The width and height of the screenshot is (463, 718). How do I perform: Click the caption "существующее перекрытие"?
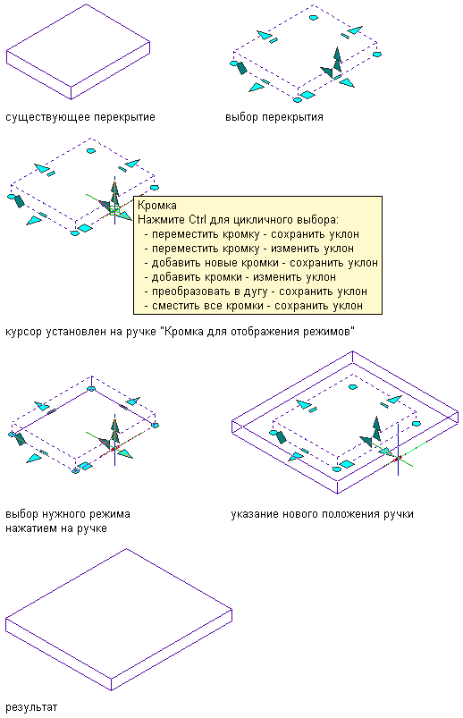tap(80, 117)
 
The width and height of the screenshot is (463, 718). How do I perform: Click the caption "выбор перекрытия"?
tap(274, 117)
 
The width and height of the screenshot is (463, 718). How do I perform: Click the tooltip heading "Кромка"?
tap(157, 205)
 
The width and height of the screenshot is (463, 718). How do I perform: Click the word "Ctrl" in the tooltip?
tap(198, 220)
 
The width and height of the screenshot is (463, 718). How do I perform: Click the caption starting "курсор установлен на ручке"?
tap(180, 331)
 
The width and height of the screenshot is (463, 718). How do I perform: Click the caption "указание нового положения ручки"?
tap(322, 514)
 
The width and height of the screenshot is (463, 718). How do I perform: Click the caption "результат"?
tap(31, 707)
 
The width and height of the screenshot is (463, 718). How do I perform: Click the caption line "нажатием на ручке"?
tap(56, 528)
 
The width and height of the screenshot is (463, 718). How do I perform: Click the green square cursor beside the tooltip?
tap(114, 211)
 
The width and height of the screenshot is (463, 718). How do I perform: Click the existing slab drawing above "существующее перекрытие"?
tap(79, 51)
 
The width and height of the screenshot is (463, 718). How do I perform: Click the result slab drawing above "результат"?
tap(119, 619)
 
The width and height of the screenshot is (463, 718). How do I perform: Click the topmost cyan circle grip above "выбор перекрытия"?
tap(313, 18)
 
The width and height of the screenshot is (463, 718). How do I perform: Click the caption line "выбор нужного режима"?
tap(68, 514)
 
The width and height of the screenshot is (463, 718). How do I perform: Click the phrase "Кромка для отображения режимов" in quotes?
tap(257, 331)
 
